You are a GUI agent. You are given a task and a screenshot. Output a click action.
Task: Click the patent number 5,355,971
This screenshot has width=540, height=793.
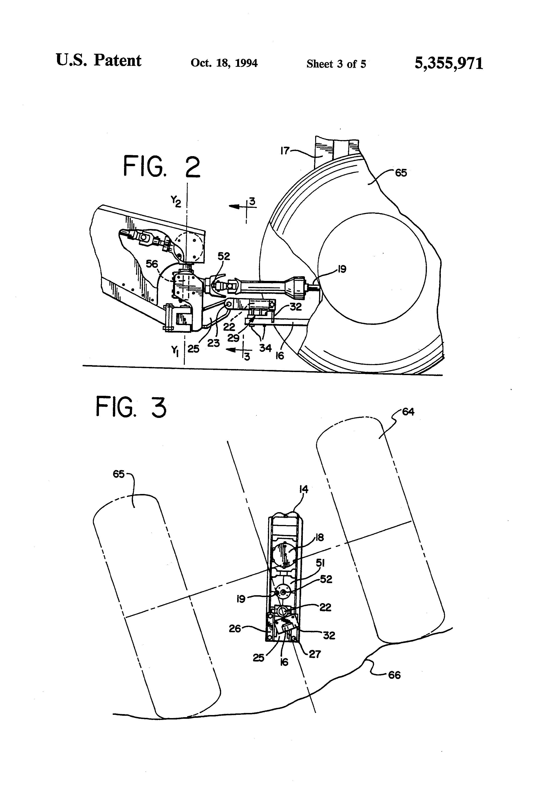[x=449, y=64]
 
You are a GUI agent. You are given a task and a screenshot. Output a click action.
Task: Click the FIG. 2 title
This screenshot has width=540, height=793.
[x=162, y=167]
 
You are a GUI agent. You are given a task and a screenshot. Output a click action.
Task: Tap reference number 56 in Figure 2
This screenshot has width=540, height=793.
[x=152, y=264]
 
